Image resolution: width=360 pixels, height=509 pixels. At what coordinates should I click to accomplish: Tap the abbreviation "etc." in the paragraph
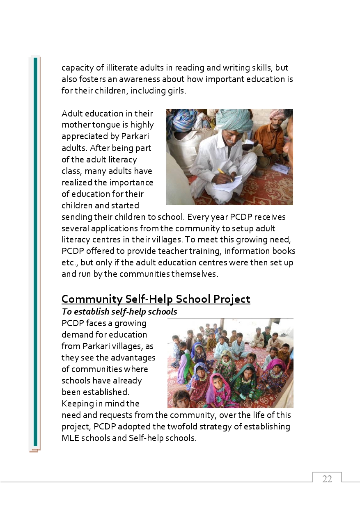[69, 262]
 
